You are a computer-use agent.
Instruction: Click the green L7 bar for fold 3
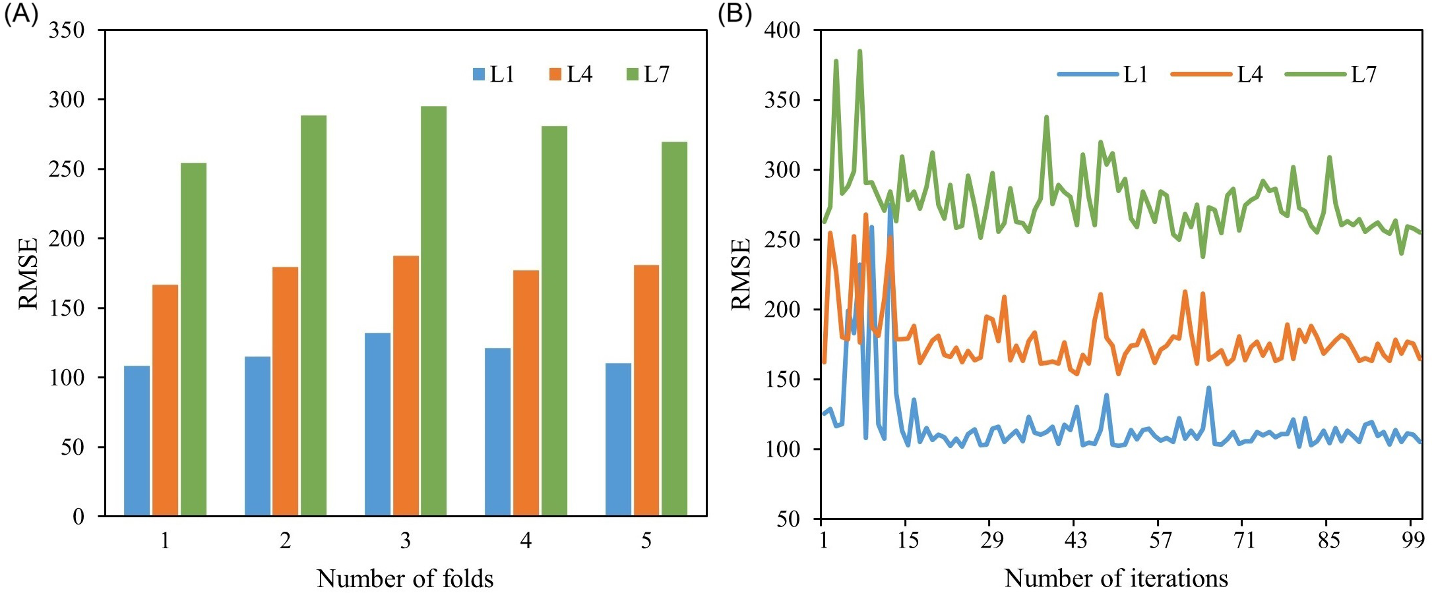click(433, 310)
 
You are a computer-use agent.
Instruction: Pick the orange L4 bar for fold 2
click(285, 391)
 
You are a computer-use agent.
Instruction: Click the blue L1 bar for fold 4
click(497, 432)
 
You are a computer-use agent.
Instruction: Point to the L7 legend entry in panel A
click(648, 74)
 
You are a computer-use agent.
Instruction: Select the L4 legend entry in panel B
click(1217, 74)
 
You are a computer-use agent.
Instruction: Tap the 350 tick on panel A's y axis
click(67, 30)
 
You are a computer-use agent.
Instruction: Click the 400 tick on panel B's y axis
click(782, 30)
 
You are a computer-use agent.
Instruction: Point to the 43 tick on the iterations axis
click(1075, 540)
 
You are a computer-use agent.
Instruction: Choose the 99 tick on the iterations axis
click(1412, 540)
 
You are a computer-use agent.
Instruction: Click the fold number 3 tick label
click(405, 541)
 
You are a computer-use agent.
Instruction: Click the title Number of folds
click(405, 579)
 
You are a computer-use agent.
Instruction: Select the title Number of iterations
click(1116, 579)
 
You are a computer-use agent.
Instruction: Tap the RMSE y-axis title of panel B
click(741, 274)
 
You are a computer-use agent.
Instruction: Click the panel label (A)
click(21, 13)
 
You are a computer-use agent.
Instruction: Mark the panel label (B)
click(735, 13)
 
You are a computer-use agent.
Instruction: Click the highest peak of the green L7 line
click(859, 51)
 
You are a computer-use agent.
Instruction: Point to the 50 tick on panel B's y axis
click(788, 519)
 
